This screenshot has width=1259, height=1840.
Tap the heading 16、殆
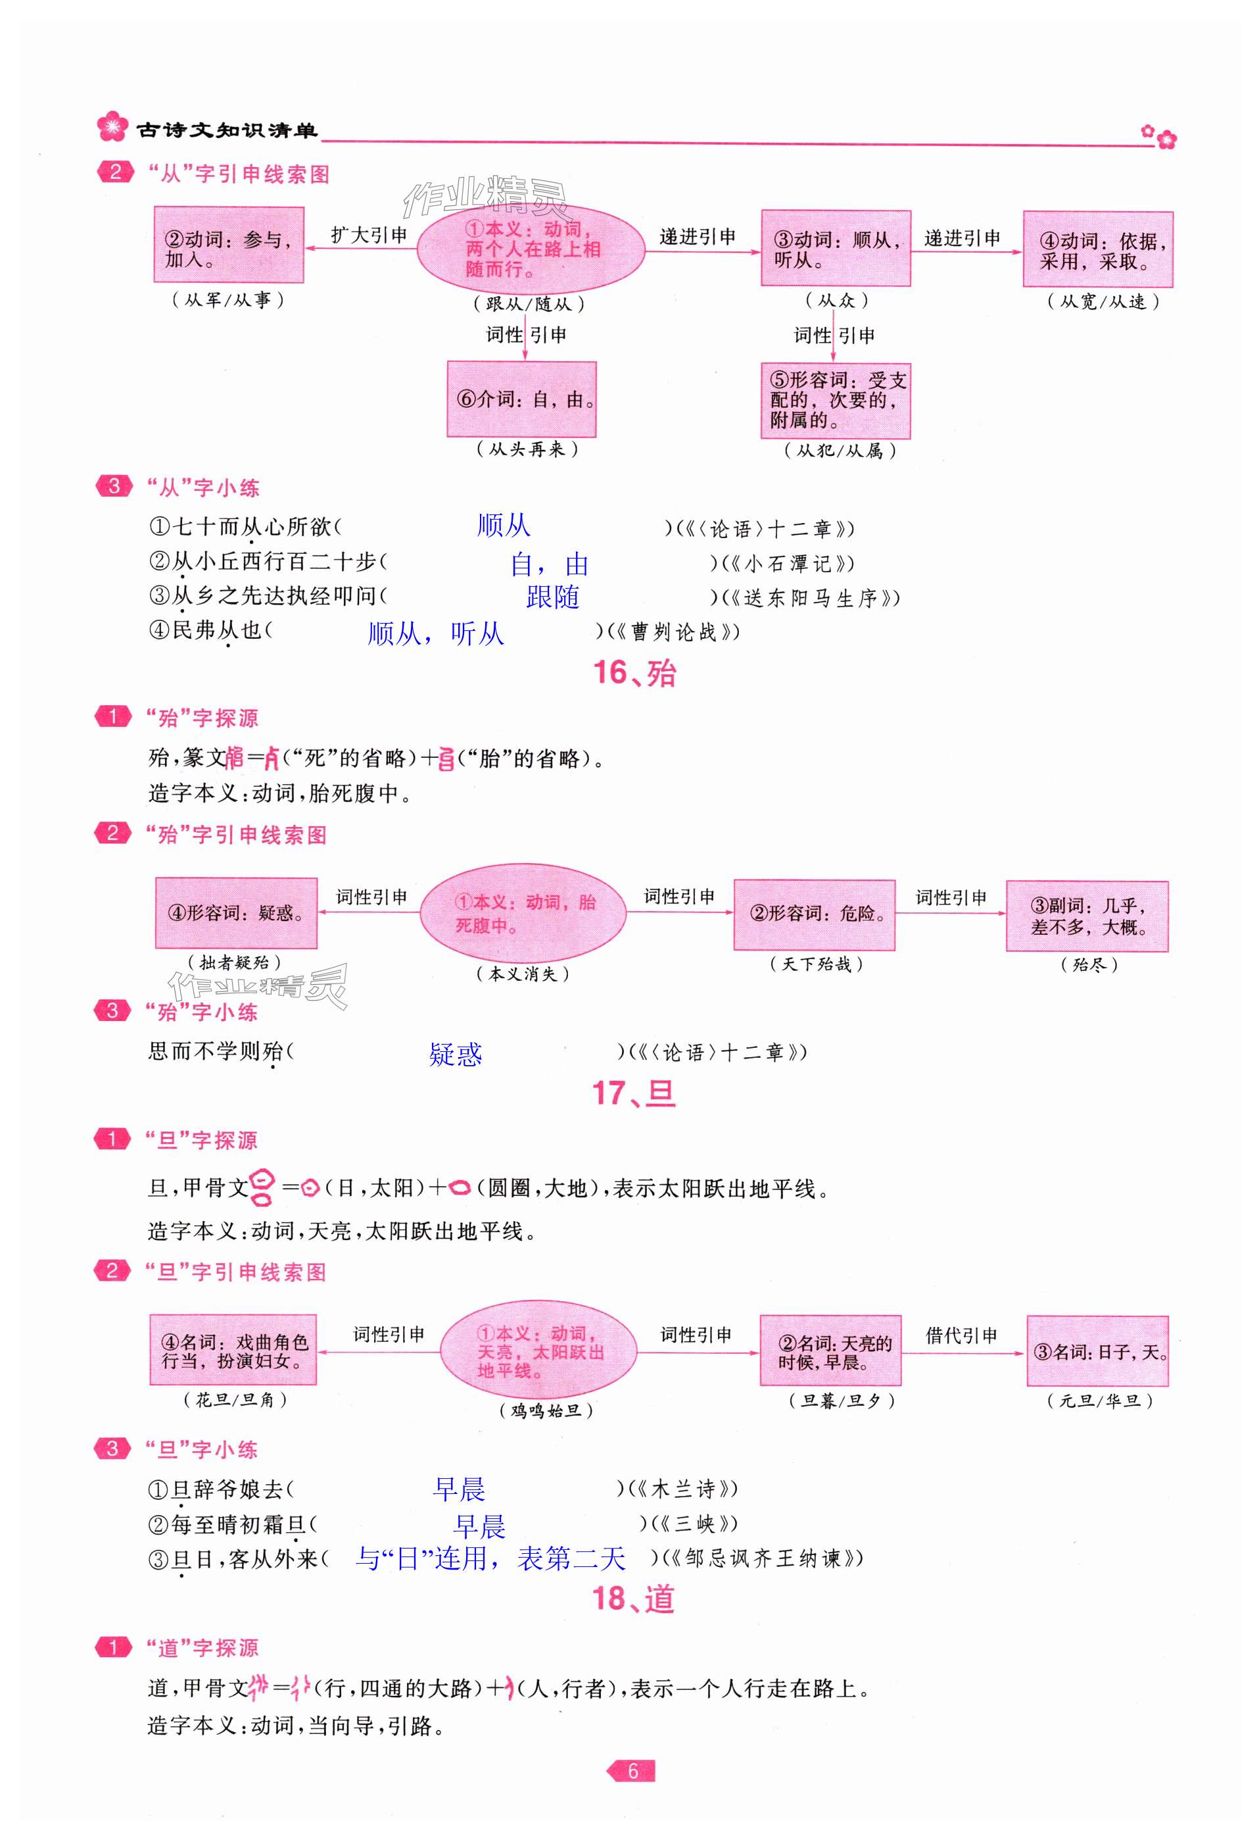point(634,673)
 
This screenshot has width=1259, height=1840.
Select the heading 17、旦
point(634,1093)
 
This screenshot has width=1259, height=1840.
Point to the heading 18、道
point(634,1599)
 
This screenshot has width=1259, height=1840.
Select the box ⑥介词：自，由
point(521,400)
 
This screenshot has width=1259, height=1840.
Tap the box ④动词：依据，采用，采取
point(1097,250)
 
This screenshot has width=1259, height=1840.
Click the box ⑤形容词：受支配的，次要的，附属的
point(836,401)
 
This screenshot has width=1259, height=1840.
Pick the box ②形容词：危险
point(815,914)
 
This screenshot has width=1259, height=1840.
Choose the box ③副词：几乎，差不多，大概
point(1087,916)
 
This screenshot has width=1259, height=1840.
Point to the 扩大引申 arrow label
point(369,235)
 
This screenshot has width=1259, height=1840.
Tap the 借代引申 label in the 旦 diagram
point(961,1335)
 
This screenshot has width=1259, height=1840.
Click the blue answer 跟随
point(552,597)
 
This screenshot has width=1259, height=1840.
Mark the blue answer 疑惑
point(455,1054)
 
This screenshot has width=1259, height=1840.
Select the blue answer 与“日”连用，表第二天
point(490,1559)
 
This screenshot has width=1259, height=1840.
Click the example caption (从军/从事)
point(228,300)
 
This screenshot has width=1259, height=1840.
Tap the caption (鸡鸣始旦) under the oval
point(546,1410)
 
